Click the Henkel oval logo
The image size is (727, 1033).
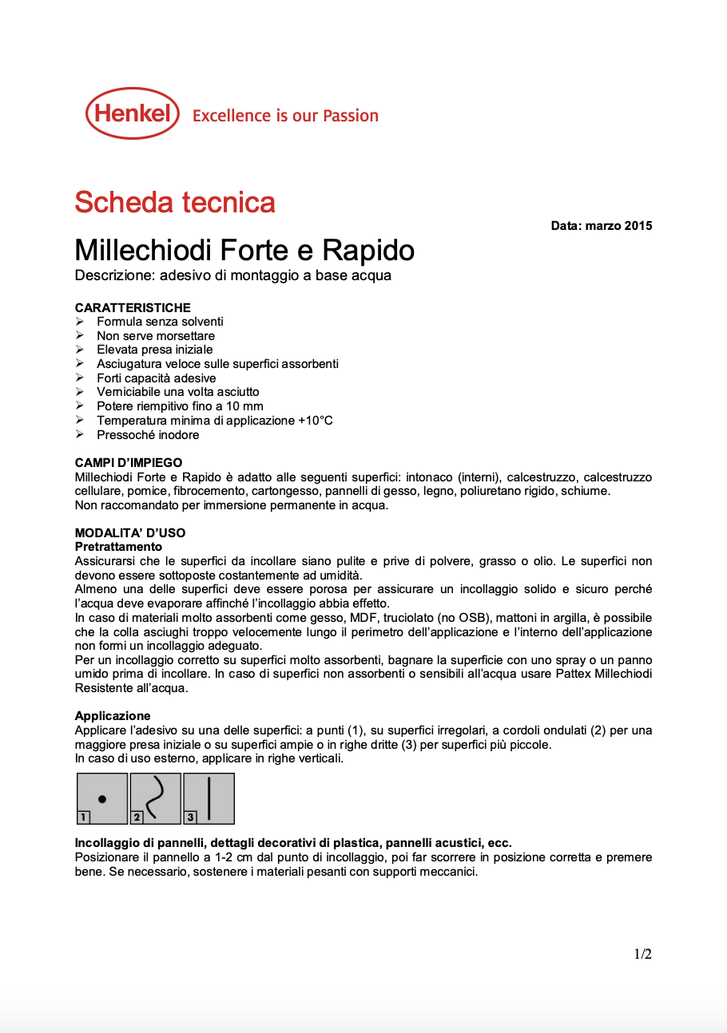(133, 113)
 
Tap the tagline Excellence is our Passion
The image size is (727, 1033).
(285, 116)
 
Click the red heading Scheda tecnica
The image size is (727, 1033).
(175, 203)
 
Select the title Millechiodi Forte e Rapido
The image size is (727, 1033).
(244, 251)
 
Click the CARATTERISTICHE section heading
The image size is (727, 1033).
(133, 307)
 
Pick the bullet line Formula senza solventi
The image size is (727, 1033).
(160, 322)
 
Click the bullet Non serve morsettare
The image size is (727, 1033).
(155, 336)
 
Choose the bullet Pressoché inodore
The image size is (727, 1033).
(148, 435)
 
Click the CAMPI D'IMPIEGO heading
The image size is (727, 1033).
(129, 462)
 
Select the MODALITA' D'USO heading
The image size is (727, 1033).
(130, 532)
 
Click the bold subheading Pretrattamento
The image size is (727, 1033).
(118, 547)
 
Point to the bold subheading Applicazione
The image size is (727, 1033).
(113, 716)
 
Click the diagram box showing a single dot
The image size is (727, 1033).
(102, 798)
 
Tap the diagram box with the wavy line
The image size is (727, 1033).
(156, 798)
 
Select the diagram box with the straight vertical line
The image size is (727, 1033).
(209, 798)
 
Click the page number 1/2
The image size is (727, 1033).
(642, 954)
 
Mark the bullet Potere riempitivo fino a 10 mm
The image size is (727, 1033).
(180, 406)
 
